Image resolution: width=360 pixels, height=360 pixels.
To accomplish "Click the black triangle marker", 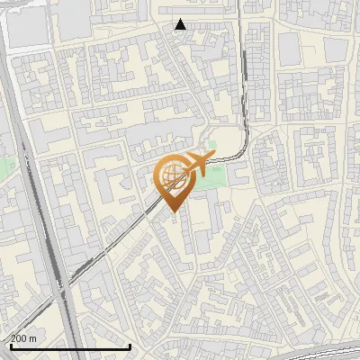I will point(181,24).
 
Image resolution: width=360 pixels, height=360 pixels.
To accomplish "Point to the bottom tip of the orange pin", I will point(171,212).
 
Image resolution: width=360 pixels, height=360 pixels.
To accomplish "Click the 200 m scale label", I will point(23,338).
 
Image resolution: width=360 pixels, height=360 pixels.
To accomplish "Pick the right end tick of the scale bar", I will point(130,345).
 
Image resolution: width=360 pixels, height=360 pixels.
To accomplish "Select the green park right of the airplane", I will point(211,179).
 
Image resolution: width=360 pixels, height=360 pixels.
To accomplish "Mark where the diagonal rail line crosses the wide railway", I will point(63,288).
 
